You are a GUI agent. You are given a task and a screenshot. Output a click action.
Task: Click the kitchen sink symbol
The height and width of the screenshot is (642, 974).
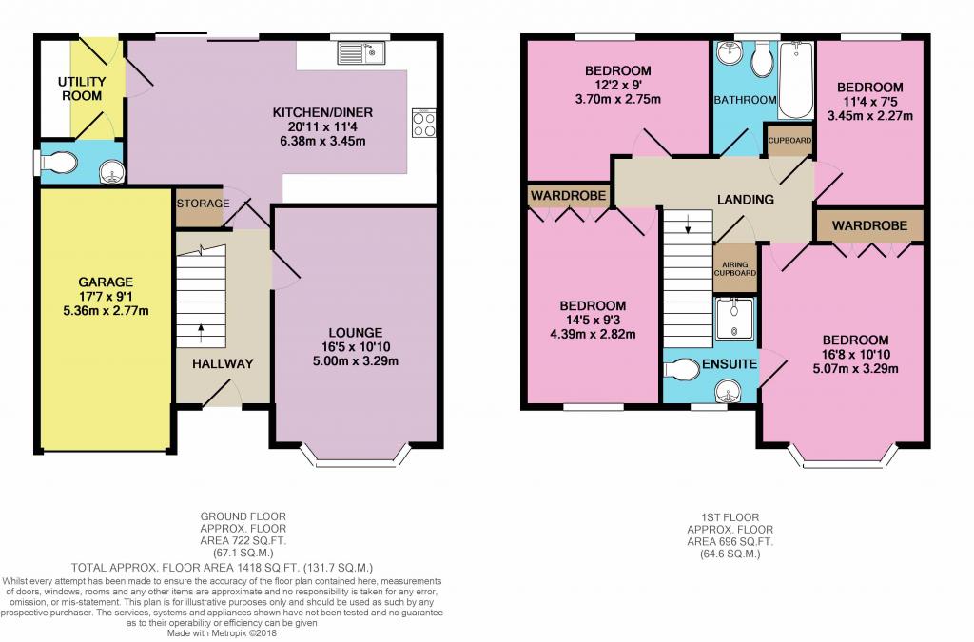click(361, 52)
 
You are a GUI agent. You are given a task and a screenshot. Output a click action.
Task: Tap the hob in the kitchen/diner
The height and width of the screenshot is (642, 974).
click(423, 123)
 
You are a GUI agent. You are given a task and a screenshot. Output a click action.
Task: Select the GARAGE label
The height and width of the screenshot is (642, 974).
click(106, 282)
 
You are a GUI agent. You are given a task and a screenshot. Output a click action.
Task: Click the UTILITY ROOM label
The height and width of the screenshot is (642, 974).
click(82, 88)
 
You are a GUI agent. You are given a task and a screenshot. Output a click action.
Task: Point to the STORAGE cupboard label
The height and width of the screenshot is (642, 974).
click(204, 204)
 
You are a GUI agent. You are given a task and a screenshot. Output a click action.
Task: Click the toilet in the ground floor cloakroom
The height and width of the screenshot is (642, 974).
click(59, 163)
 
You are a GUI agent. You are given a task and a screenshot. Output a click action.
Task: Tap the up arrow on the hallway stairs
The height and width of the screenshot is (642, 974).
click(201, 333)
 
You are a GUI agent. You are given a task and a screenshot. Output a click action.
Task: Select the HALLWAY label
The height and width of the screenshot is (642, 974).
click(223, 364)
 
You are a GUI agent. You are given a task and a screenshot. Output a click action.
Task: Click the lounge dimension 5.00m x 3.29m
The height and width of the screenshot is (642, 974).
click(356, 361)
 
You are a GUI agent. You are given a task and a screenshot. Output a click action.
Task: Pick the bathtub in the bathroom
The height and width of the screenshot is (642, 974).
click(796, 80)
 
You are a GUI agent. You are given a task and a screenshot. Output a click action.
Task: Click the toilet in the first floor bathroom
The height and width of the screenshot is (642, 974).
click(762, 59)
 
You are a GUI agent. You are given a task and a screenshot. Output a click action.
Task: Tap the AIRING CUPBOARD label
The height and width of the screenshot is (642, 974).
click(735, 269)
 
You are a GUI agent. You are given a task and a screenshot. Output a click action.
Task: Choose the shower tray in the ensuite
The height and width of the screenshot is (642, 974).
click(734, 319)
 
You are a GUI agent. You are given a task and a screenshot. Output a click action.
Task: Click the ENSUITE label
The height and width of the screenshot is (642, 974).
click(730, 364)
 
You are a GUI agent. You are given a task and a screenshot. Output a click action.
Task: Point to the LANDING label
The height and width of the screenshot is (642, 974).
click(746, 200)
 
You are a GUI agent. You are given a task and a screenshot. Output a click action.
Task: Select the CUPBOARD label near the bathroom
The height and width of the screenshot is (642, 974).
click(789, 141)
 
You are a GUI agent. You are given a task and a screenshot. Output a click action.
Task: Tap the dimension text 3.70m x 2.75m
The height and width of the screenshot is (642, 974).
click(618, 99)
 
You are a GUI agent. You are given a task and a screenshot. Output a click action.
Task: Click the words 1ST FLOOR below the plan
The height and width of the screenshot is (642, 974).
click(730, 517)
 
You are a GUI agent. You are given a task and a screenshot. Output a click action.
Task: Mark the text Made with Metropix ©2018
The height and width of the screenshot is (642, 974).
click(223, 634)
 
